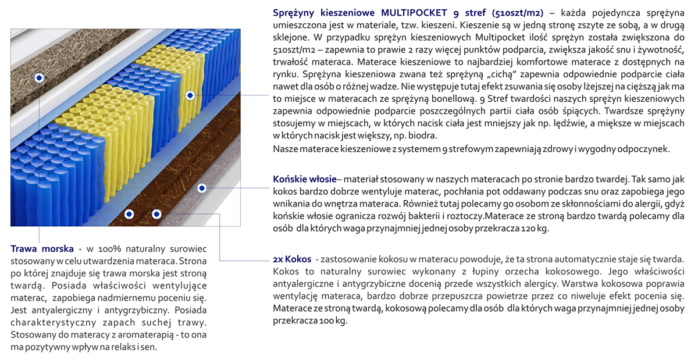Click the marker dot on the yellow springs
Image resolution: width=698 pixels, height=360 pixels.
point(190,95)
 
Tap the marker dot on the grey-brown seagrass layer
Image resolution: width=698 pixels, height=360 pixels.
point(39,77)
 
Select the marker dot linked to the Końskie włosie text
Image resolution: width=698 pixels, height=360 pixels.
point(201,188)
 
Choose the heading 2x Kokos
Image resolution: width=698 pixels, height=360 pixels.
point(292,258)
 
